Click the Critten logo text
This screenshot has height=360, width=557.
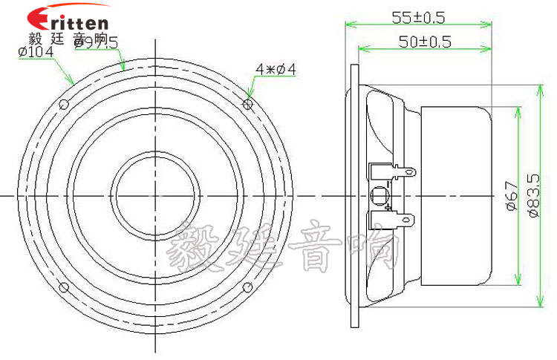(68, 19)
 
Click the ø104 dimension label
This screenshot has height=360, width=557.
(31, 52)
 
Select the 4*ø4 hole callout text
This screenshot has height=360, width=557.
(276, 69)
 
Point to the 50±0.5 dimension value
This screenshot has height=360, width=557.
(424, 42)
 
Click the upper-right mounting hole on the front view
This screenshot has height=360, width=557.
(248, 103)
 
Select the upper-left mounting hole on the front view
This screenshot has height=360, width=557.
(64, 103)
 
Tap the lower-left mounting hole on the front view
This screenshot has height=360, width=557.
(64, 287)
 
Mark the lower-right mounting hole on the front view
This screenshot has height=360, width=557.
(248, 287)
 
